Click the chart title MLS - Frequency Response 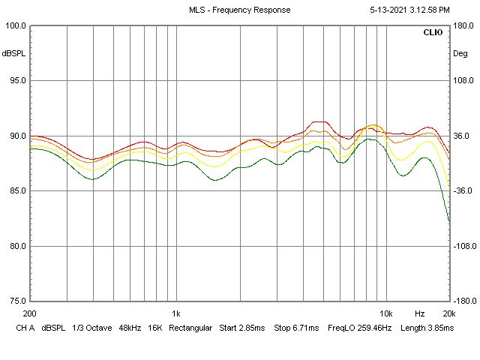click(x=240, y=10)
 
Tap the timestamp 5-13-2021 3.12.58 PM click(x=409, y=10)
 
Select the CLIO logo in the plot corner click(x=433, y=32)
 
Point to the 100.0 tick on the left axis click(x=16, y=25)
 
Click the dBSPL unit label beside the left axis click(x=13, y=53)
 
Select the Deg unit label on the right click(x=460, y=53)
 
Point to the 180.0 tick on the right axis click(x=463, y=25)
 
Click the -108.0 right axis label click(x=465, y=246)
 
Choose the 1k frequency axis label click(x=176, y=313)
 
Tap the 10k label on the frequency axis click(x=386, y=313)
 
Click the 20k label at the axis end click(x=449, y=313)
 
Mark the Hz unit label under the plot click(x=420, y=313)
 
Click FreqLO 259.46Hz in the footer click(x=360, y=328)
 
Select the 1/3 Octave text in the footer click(x=92, y=328)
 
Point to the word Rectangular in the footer click(x=190, y=328)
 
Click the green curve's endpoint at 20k click(x=449, y=221)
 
